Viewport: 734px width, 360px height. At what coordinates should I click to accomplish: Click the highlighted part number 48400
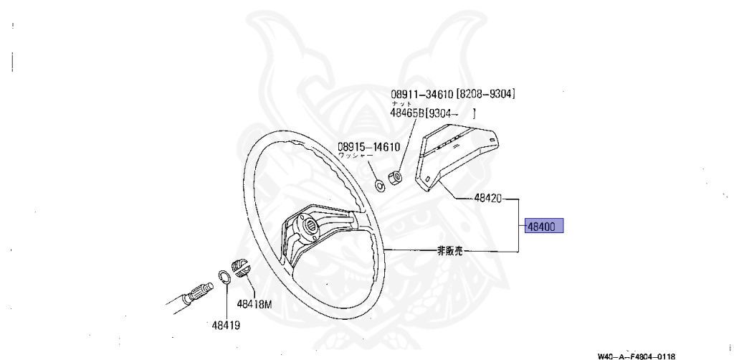tap(544, 227)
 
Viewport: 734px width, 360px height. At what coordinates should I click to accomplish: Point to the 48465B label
tap(407, 113)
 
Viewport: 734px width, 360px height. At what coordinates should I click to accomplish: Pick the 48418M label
tap(254, 303)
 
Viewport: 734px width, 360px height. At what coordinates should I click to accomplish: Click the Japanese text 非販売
tap(451, 251)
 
